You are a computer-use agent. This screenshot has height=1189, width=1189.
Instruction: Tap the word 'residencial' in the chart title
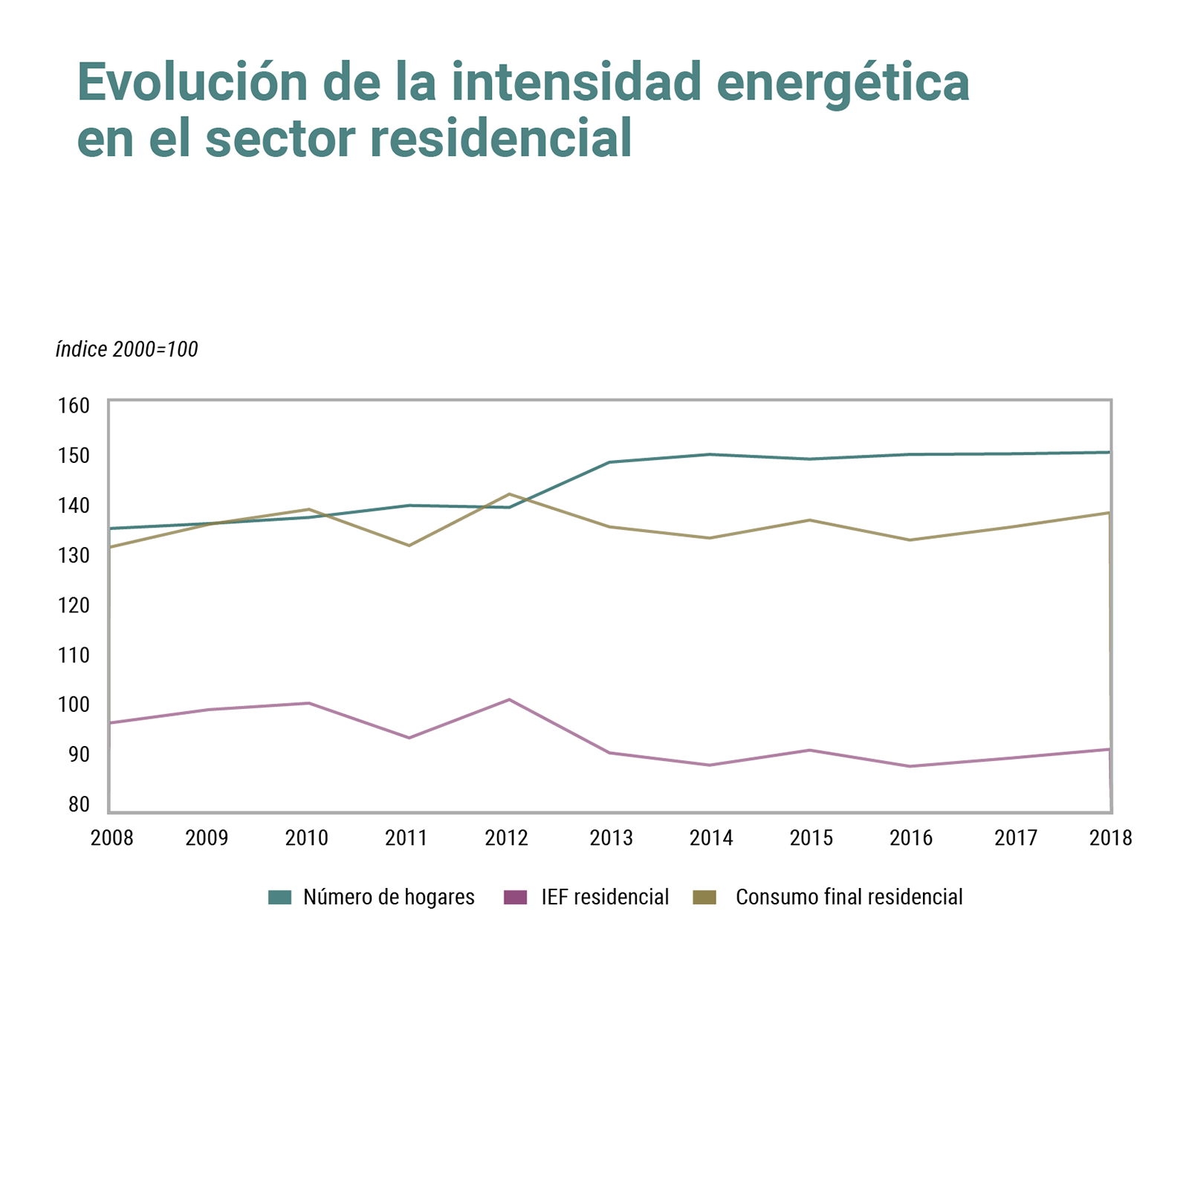pyautogui.click(x=500, y=139)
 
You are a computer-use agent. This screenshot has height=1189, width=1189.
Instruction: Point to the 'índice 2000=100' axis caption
pyautogui.click(x=127, y=349)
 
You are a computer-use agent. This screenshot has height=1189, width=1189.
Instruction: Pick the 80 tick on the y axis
pyautogui.click(x=79, y=804)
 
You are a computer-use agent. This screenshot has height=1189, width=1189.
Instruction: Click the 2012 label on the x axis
pyautogui.click(x=507, y=838)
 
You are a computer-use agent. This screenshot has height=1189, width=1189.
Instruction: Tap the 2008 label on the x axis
pyautogui.click(x=111, y=838)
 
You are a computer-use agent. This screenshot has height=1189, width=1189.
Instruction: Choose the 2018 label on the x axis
pyautogui.click(x=1110, y=838)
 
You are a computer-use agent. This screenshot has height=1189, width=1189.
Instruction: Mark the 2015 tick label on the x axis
pyautogui.click(x=811, y=838)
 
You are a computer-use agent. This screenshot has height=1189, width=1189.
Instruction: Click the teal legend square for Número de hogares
pyautogui.click(x=279, y=898)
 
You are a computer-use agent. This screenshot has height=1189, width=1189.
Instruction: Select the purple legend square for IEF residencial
pyautogui.click(x=515, y=898)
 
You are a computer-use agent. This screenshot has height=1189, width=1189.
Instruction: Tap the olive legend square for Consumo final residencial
pyautogui.click(x=704, y=898)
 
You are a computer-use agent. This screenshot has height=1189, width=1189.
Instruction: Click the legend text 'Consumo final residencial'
pyautogui.click(x=849, y=898)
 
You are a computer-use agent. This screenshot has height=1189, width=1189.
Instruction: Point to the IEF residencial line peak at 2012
pyautogui.click(x=509, y=699)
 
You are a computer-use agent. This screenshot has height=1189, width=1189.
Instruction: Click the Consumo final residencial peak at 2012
pyautogui.click(x=509, y=494)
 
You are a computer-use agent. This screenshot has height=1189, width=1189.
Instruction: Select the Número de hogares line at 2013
pyautogui.click(x=609, y=462)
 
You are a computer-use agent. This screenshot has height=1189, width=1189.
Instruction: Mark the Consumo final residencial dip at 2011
pyautogui.click(x=409, y=545)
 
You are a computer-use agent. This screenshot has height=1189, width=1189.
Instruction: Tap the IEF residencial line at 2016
pyautogui.click(x=910, y=766)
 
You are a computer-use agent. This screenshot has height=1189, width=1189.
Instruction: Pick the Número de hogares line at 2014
pyautogui.click(x=710, y=454)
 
